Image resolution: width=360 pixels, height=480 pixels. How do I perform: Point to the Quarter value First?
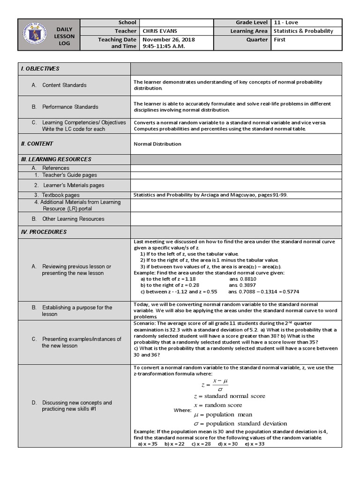click(x=279, y=40)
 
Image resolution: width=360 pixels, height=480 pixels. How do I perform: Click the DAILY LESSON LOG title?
click(x=63, y=36)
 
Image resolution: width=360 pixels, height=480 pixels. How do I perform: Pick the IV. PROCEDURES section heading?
click(x=44, y=232)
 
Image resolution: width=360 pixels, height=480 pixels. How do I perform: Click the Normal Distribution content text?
click(x=157, y=144)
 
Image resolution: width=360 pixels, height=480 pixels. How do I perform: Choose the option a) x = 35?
click(x=148, y=443)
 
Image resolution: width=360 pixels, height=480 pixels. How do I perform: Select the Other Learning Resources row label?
click(x=73, y=219)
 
